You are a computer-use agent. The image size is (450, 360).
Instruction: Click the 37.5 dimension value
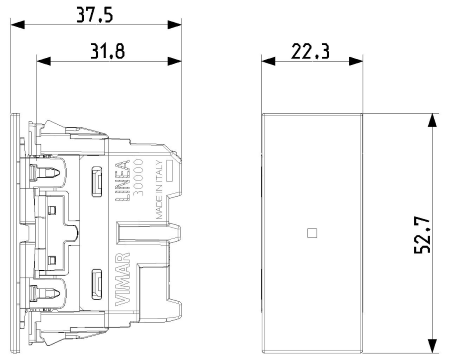point(95,15)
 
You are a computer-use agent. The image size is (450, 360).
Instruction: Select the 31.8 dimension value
point(108,52)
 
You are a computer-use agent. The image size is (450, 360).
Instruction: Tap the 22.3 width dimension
point(310,52)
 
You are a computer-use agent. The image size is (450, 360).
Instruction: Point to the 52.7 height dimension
point(422,235)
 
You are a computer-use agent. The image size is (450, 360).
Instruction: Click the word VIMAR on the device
point(122,279)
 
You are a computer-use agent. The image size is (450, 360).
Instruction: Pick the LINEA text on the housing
point(122,180)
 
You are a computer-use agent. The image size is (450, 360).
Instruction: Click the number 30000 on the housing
point(138,177)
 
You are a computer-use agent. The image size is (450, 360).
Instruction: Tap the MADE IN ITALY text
point(159,189)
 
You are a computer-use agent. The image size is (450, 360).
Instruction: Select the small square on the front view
point(312,233)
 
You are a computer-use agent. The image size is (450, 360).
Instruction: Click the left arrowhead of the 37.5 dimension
point(17,24)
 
